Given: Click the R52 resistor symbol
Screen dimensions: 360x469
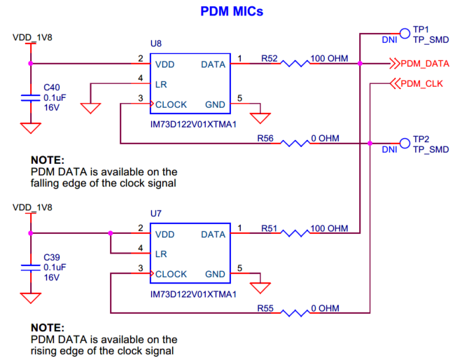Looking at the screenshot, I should pos(295,64).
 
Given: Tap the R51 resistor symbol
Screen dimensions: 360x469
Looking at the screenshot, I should pos(295,233).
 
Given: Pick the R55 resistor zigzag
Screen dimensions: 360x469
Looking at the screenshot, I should pos(295,313).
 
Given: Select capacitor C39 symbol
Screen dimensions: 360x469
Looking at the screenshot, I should pos(29,267).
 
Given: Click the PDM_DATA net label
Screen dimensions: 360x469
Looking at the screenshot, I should pos(424,64).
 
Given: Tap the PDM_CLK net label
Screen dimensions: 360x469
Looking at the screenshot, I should pos(421,84).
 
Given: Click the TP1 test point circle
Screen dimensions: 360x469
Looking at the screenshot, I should pos(404,32).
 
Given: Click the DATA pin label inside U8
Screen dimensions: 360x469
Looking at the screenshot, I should pos(213,64).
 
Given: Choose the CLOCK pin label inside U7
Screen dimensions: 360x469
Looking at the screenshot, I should pos(171,274).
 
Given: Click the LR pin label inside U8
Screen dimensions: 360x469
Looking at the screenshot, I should pos(160,84).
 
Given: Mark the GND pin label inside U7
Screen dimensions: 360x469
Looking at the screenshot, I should pos(216,274).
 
